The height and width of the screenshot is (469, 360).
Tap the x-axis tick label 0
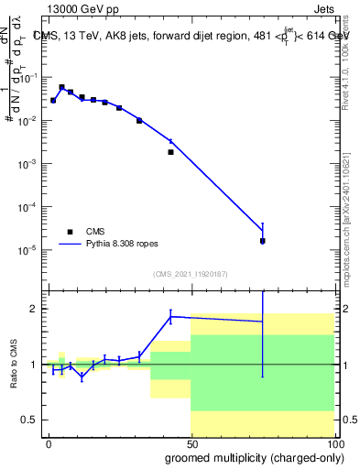[49, 442]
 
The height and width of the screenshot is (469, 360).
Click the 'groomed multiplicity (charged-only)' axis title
[242, 457]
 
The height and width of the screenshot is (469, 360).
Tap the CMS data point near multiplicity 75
[262, 241]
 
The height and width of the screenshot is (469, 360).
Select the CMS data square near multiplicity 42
[170, 152]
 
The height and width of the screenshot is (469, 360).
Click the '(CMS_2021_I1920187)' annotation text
[190, 273]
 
